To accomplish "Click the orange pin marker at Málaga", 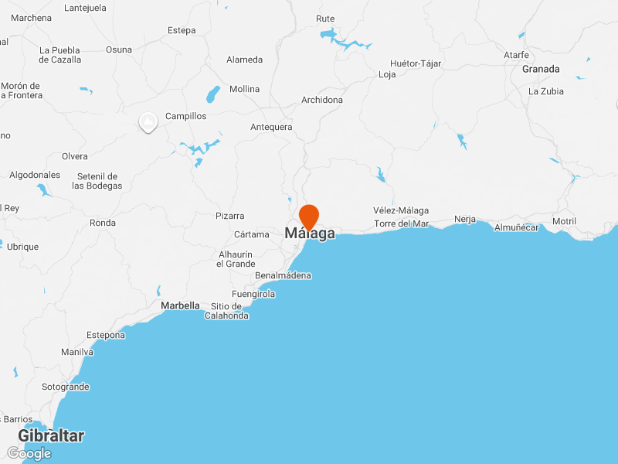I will point(309,216).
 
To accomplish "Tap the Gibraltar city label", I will point(51,436).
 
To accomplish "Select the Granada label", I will point(541,69).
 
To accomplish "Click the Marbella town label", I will point(180,305).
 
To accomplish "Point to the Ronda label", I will point(103,223).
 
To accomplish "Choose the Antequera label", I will point(271,127).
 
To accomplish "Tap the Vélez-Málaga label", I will point(400,210).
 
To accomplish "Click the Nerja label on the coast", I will point(465,219).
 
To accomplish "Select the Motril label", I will point(564,221).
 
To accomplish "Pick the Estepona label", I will point(106,335).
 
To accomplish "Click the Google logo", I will point(29,453).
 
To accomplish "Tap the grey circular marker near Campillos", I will point(148,122).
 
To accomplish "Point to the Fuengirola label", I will point(253,294).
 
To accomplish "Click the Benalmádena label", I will point(283,275).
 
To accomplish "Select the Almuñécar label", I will point(516,227).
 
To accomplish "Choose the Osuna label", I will point(119,49).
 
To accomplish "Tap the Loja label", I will point(387,75).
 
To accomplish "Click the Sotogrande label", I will point(66,387).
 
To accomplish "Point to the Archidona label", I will point(322,100).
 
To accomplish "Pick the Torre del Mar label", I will point(401,223).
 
